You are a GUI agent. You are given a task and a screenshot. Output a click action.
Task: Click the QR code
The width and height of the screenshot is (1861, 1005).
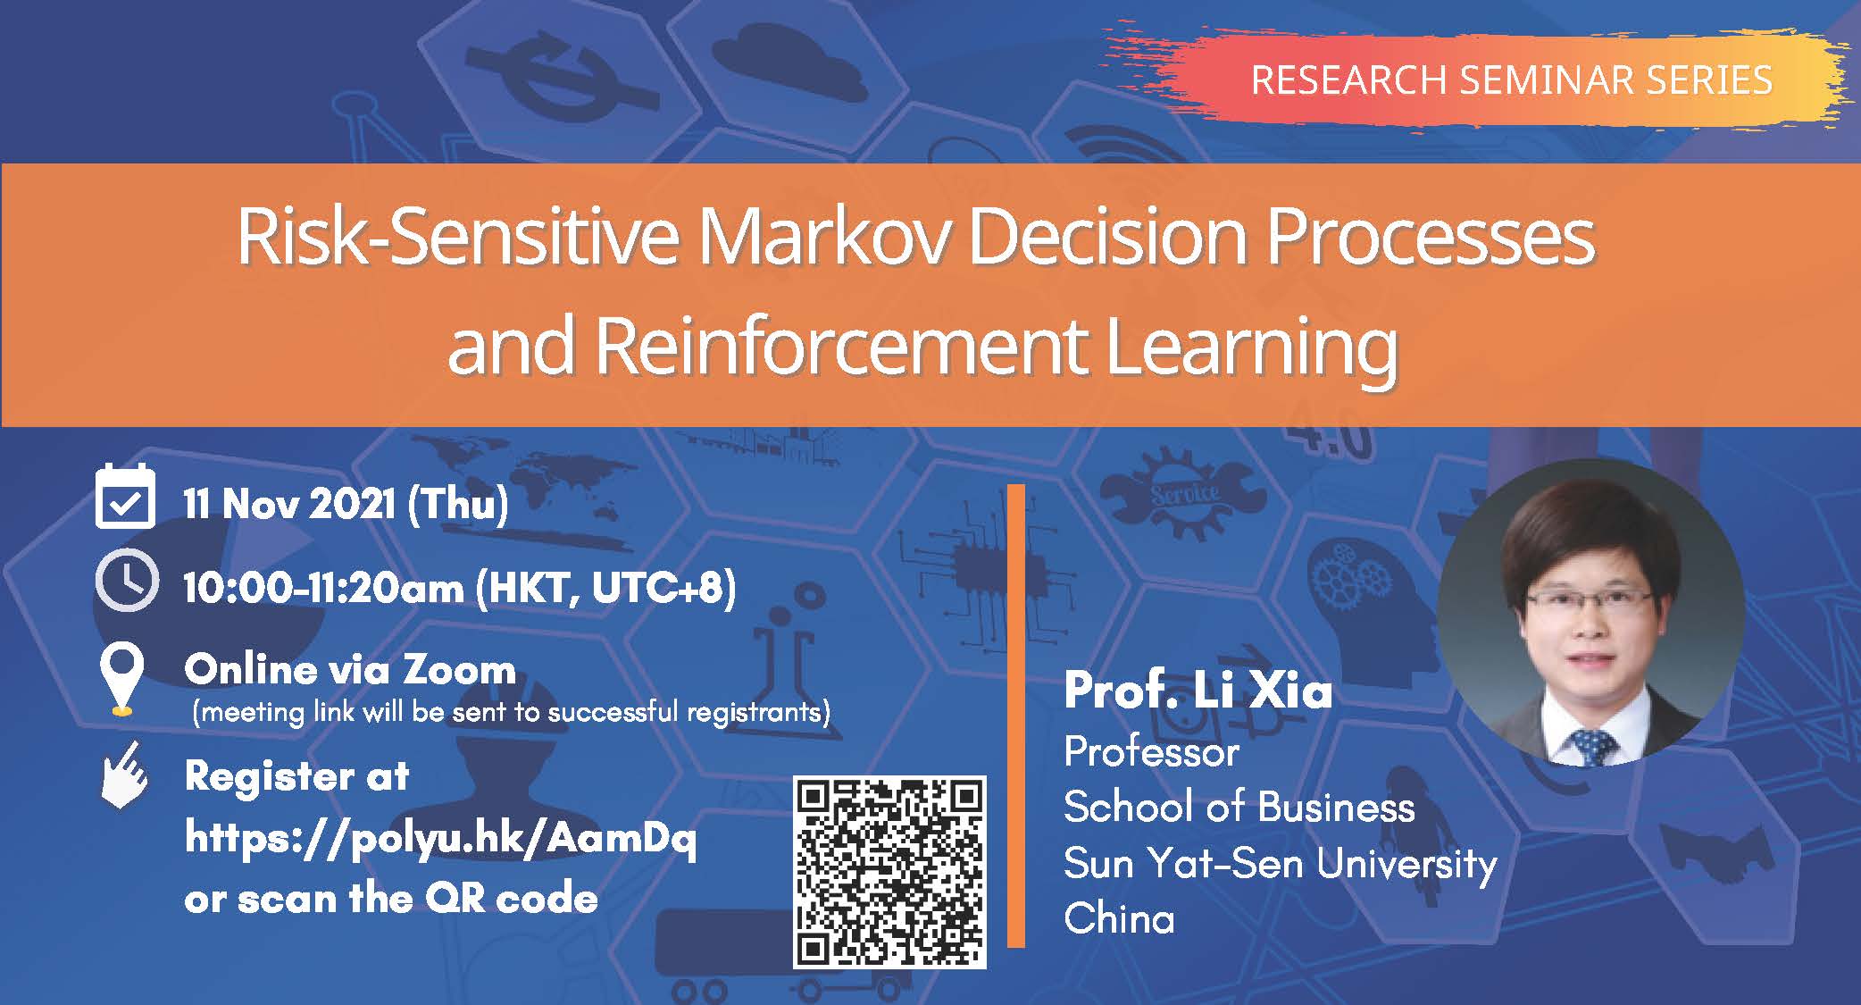click(889, 873)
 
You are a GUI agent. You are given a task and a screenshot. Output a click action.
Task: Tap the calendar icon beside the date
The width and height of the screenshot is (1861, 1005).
click(125, 497)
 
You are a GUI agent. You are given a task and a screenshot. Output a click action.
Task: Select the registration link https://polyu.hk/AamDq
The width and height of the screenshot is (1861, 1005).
click(440, 839)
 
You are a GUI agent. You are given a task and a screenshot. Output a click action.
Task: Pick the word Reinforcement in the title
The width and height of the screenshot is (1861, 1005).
click(839, 346)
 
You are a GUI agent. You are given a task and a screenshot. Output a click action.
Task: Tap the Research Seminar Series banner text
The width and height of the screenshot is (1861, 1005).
click(1511, 80)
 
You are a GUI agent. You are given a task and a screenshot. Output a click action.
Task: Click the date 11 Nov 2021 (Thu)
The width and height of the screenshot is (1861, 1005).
click(346, 504)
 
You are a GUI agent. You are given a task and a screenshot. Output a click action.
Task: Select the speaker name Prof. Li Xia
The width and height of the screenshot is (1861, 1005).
click(1198, 691)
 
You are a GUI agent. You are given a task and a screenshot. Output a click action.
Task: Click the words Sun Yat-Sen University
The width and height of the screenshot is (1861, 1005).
click(1280, 863)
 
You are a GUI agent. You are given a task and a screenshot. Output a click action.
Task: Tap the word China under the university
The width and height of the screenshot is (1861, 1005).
click(1119, 918)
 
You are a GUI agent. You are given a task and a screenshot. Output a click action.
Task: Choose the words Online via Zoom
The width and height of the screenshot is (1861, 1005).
click(350, 669)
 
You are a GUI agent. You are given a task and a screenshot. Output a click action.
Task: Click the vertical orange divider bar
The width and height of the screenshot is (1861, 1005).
click(1016, 716)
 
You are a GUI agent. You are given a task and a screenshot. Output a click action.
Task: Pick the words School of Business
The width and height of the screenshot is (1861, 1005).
click(1239, 808)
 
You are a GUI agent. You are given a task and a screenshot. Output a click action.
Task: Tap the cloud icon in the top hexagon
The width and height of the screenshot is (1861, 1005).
click(789, 67)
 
